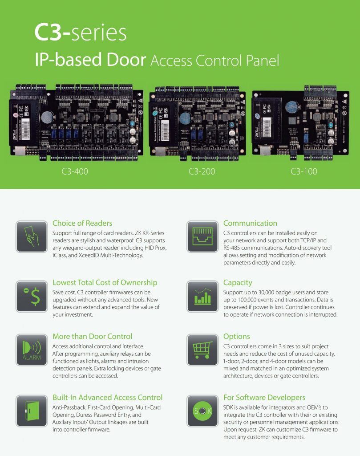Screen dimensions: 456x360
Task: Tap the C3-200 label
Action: coord(202,171)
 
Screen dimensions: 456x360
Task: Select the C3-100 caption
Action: coord(304,171)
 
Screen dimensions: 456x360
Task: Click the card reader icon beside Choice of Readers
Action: coord(31,236)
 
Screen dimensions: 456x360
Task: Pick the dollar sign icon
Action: coord(31,296)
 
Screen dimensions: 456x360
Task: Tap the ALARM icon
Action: coord(31,350)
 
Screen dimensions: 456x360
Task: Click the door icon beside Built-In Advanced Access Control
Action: coord(31,411)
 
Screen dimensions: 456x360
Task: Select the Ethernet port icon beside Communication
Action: coord(202,236)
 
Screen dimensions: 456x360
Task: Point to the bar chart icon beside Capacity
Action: coord(202,296)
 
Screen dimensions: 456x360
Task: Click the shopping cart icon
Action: coord(202,350)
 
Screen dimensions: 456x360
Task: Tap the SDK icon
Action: coord(202,411)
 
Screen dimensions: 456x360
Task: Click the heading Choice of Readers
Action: coord(82,223)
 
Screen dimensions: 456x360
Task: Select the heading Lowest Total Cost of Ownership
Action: coord(105,282)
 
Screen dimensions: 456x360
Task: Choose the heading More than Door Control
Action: coord(92,336)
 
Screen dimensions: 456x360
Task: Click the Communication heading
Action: coord(250,223)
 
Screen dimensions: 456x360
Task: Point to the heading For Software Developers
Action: coord(264,397)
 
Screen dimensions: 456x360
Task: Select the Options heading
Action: coord(237,336)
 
